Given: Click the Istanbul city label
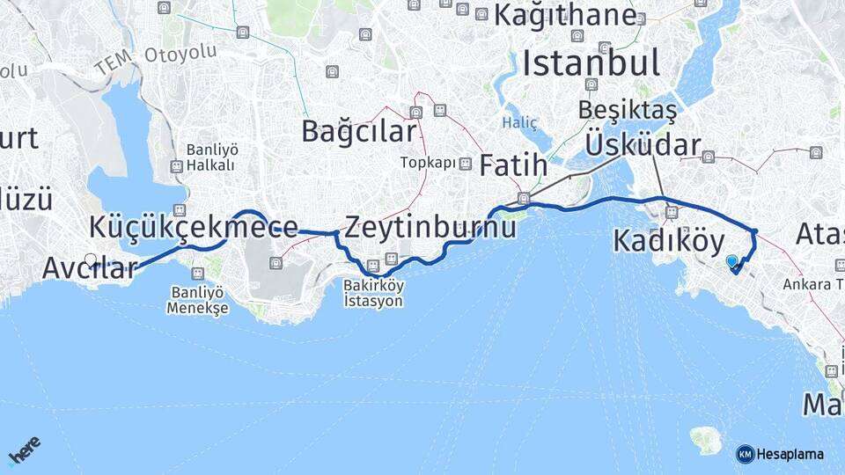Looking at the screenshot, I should (591, 62).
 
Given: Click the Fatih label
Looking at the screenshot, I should (513, 164).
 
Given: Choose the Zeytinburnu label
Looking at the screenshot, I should (430, 228).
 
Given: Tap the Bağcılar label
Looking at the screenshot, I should (358, 131).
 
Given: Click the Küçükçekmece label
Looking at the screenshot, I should (193, 227).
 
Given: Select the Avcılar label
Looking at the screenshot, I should (90, 268).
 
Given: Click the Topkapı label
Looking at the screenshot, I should (428, 163).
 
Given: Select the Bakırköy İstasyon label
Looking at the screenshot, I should (374, 294).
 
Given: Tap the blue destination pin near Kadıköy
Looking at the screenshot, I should (731, 261).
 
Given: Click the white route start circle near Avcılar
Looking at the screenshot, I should (91, 259).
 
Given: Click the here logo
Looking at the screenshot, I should (25, 452).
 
